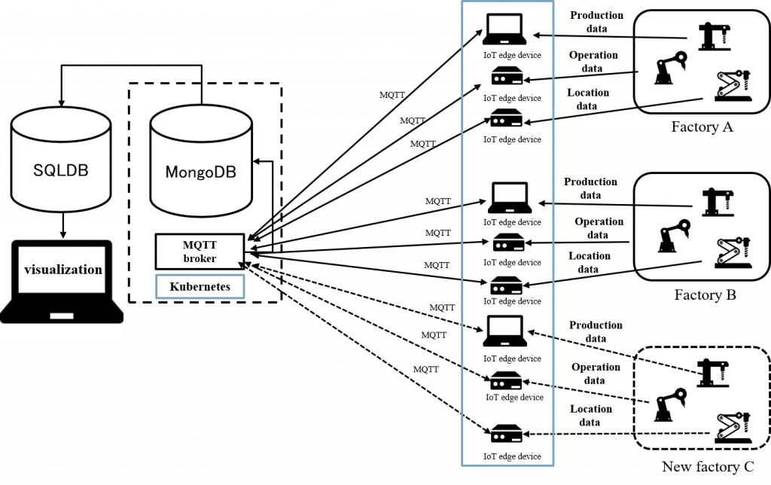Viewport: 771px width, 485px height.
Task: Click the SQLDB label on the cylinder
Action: coord(61,170)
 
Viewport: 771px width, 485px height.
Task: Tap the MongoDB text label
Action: coord(200,172)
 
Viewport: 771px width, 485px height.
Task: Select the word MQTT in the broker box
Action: coord(200,245)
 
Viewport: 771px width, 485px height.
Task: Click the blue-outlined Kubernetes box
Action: coord(200,287)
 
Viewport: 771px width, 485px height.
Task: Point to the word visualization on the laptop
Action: coord(63,269)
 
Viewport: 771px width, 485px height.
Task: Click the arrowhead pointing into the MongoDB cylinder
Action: coord(256,160)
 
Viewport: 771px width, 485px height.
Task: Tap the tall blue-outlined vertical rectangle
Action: coord(507,232)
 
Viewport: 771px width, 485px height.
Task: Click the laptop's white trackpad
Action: coord(62,316)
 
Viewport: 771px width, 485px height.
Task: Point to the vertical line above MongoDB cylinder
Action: coord(201,93)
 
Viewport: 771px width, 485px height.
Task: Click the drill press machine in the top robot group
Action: coord(714,36)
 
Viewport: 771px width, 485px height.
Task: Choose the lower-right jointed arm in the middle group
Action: coord(733,252)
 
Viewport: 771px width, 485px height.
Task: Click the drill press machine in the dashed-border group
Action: coord(714,372)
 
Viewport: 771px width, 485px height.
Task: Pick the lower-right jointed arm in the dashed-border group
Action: coord(731,426)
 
